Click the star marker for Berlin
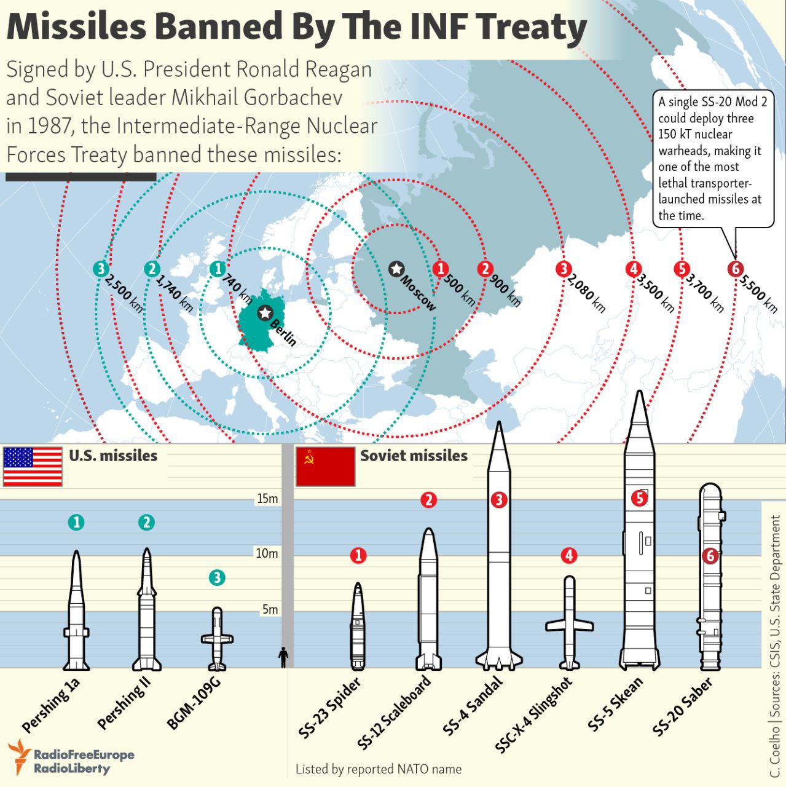(265, 313)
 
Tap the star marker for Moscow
(396, 269)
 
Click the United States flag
(33, 467)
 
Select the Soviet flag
(326, 467)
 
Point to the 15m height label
(267, 499)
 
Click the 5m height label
(270, 609)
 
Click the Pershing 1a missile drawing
(76, 610)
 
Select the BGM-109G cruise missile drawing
(217, 639)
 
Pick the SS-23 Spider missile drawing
(358, 626)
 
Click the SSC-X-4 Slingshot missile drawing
(569, 623)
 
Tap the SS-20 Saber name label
(682, 706)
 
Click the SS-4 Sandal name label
(472, 706)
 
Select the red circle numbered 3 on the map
(564, 269)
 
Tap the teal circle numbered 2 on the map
(152, 269)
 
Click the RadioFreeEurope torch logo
(19, 757)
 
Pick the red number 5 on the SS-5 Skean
(639, 498)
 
